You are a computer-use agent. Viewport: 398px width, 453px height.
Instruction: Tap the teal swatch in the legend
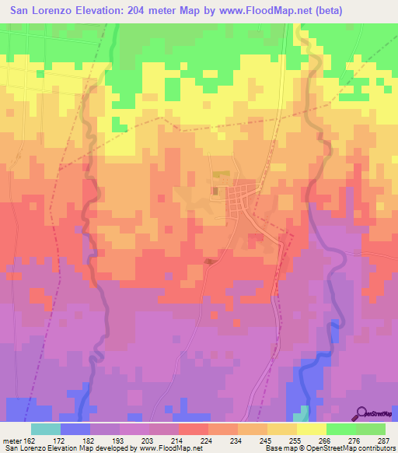(x=46, y=429)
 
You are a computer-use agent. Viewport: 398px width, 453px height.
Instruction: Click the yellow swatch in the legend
(x=312, y=429)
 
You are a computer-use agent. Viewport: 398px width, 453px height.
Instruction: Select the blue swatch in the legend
(x=75, y=429)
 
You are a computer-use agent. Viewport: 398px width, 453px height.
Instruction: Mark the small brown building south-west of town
(x=208, y=262)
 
